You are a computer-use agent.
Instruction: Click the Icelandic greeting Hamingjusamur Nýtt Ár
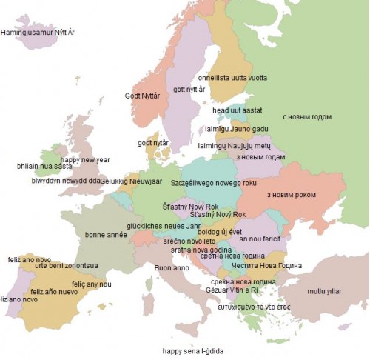pyautogui.click(x=38, y=33)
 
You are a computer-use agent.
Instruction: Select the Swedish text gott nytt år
pyautogui.click(x=189, y=90)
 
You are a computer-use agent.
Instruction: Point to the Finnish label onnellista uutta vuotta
pyautogui.click(x=233, y=77)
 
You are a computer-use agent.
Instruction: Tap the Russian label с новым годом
pyautogui.click(x=307, y=117)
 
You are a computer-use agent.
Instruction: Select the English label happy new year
pyautogui.click(x=85, y=160)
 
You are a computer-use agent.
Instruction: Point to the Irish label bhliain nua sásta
pyautogui.click(x=44, y=167)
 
